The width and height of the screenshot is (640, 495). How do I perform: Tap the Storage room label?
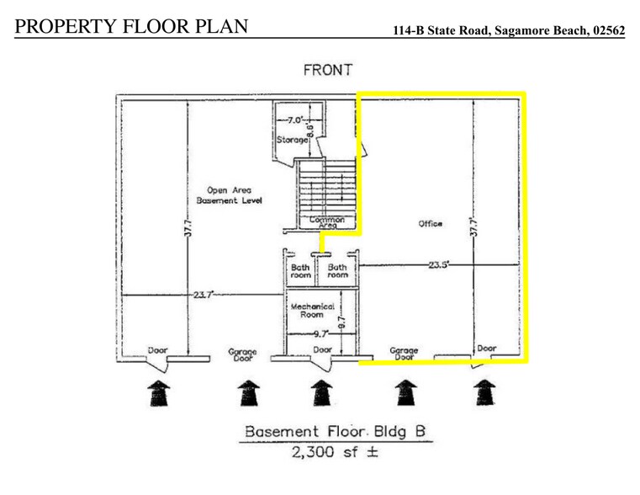[292, 141]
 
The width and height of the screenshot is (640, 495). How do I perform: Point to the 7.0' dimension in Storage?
[293, 120]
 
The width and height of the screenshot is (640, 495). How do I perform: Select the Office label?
[430, 223]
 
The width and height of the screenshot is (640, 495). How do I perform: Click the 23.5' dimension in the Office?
[437, 263]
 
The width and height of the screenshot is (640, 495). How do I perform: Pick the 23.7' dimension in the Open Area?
[202, 295]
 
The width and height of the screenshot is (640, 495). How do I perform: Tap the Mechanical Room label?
[313, 311]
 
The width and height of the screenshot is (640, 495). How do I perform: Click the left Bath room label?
[301, 271]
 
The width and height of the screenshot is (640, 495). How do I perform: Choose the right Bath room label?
[338, 271]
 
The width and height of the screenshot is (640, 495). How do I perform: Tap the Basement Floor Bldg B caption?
[336, 432]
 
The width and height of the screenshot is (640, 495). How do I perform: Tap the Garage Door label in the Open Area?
[242, 354]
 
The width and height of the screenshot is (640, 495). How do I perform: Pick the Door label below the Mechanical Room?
[322, 349]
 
